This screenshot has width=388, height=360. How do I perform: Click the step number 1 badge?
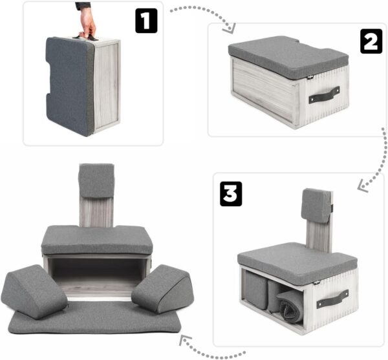tap(146, 21)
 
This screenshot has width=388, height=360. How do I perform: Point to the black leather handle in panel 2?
tap(324, 94)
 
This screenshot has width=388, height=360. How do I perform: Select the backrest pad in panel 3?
tap(316, 206)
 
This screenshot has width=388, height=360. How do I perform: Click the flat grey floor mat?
tap(97, 320)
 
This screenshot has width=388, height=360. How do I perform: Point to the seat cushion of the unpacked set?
tap(97, 240)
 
